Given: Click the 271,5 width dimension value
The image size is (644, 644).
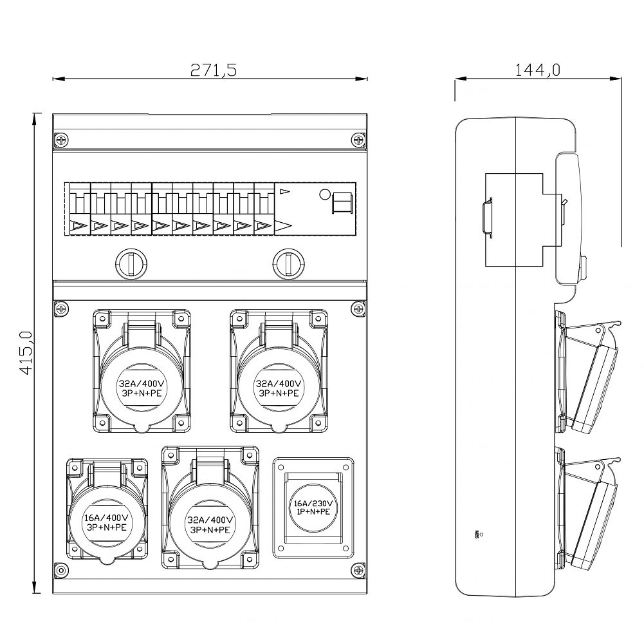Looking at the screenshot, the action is (x=214, y=70).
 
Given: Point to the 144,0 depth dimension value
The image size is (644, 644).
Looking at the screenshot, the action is (x=537, y=70).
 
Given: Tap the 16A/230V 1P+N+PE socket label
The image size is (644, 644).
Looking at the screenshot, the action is (x=313, y=507).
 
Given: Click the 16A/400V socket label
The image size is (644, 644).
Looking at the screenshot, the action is (x=107, y=522).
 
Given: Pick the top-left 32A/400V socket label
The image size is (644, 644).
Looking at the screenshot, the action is (x=142, y=388).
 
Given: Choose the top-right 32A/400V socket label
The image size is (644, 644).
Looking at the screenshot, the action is (x=279, y=388).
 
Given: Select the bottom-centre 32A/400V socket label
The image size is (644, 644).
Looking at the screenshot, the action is (x=210, y=525).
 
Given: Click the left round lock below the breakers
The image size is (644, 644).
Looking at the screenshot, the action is (x=131, y=264).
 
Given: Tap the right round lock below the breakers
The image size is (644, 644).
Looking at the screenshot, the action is (x=289, y=264).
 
